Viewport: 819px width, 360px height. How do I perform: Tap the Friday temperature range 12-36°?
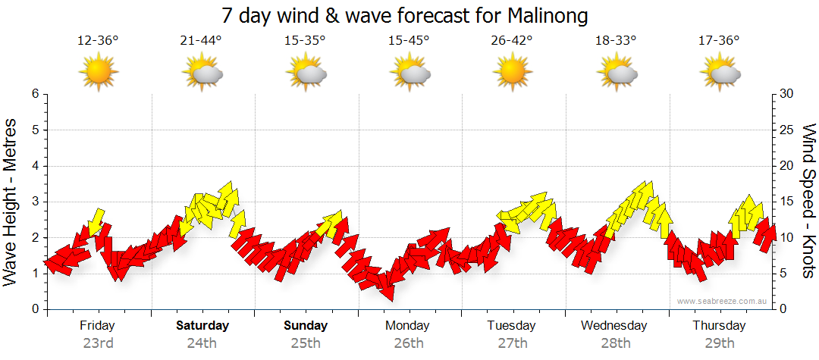click(x=98, y=41)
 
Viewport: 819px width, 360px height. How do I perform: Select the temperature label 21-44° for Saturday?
click(x=202, y=41)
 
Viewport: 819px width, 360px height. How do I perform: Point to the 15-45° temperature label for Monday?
click(x=409, y=41)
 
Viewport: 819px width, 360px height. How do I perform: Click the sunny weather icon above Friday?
click(x=98, y=73)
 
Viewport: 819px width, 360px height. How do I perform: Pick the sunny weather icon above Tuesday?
click(x=512, y=73)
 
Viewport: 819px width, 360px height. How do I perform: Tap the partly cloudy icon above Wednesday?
click(x=617, y=73)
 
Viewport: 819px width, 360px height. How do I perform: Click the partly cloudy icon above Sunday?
click(x=306, y=73)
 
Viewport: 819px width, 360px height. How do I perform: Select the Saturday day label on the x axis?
click(x=202, y=326)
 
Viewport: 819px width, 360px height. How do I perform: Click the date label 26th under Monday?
click(x=409, y=343)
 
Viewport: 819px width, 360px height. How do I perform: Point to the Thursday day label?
click(x=719, y=326)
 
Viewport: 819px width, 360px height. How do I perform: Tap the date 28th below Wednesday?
click(x=616, y=343)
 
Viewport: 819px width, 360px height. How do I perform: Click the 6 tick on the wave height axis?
click(x=35, y=94)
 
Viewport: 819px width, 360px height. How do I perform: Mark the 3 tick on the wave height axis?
click(x=35, y=202)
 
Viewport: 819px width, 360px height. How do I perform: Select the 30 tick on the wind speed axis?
click(x=786, y=94)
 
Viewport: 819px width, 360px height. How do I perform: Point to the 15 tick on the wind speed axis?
click(x=786, y=202)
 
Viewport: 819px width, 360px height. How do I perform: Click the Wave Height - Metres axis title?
click(x=11, y=202)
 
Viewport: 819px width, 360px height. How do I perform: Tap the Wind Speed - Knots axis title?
click(x=808, y=202)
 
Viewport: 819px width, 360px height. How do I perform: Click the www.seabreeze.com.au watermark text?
click(x=723, y=301)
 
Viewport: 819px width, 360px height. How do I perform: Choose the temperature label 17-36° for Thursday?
click(x=719, y=41)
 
